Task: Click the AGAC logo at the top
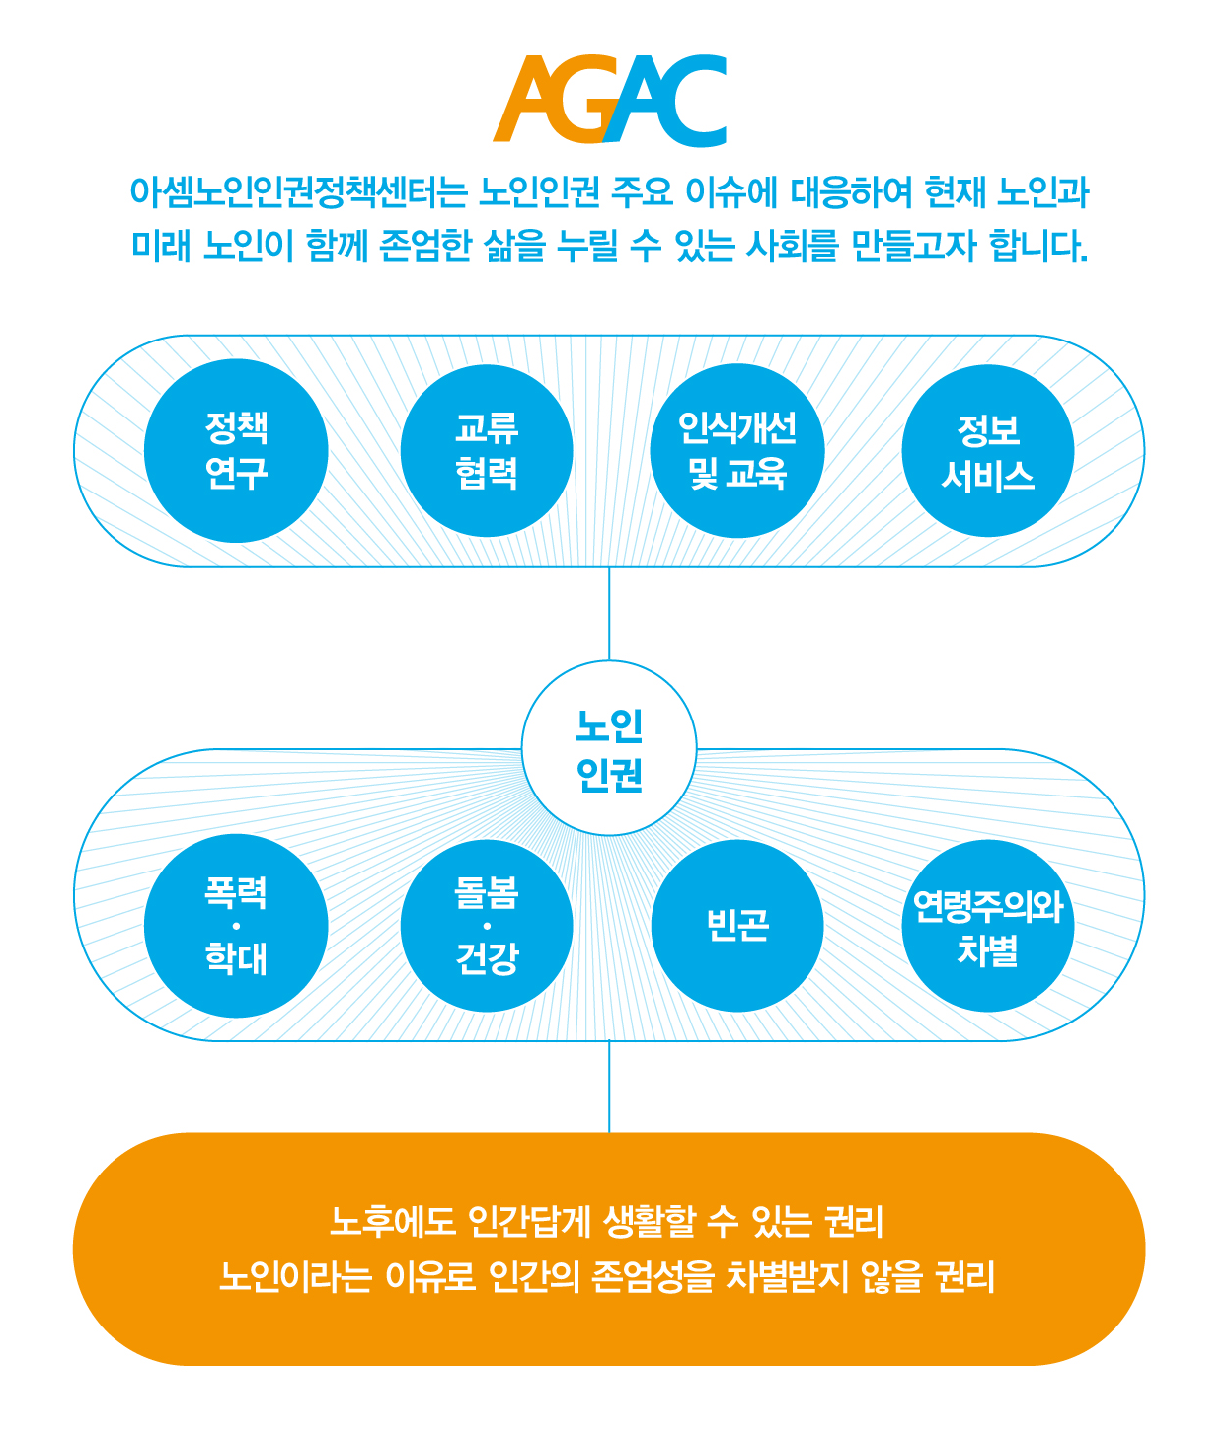pos(610,101)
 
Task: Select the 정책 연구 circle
pos(236,451)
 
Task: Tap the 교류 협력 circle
pos(487,451)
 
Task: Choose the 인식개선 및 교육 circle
pos(737,451)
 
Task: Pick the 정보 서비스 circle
pos(988,451)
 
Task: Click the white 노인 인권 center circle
pos(610,748)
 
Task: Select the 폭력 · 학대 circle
pos(236,926)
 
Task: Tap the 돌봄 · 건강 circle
pos(487,926)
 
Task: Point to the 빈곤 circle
pos(737,926)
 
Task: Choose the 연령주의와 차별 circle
pos(988,926)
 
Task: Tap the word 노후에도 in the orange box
pos(393,1221)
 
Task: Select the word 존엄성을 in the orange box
pos(653,1276)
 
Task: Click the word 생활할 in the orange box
pos(650,1221)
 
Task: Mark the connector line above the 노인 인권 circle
pos(610,613)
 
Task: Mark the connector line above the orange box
pos(610,1087)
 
